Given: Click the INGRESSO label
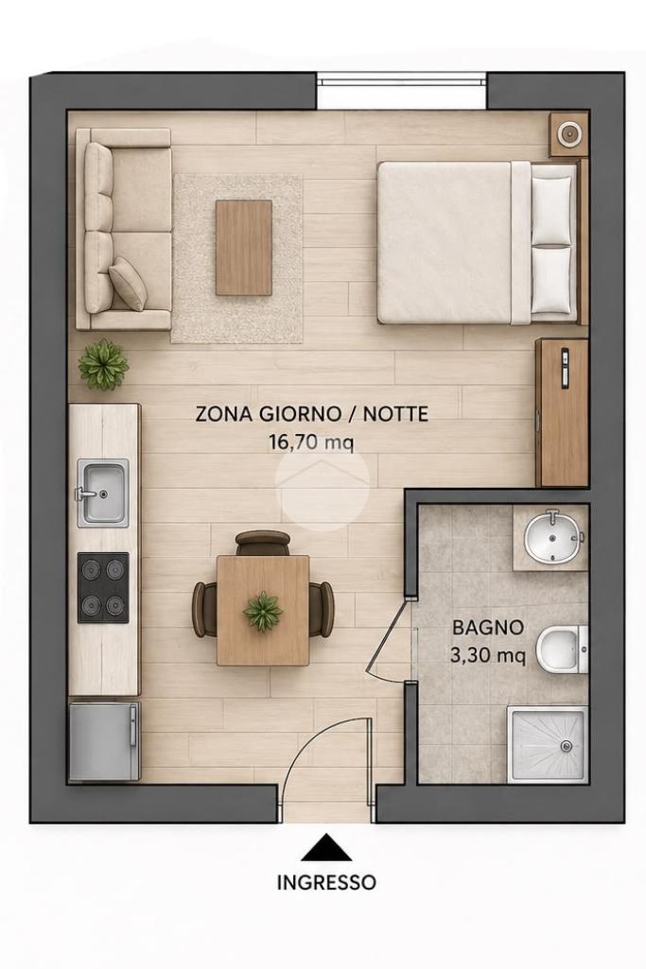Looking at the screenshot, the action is (325, 882).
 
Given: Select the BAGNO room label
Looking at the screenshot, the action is (488, 628).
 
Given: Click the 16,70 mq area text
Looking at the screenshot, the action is (311, 441).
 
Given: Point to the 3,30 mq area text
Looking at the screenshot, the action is (488, 655).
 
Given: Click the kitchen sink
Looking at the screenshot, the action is (103, 493).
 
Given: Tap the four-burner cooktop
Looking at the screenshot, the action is (103, 587).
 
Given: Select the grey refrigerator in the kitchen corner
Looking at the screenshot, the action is (104, 741).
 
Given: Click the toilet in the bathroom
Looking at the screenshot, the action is (561, 650).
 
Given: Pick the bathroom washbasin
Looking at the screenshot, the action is (553, 537).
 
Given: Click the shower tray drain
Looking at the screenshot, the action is (565, 747).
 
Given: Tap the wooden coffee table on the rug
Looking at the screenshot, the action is (244, 247).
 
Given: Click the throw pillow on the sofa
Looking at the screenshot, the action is (129, 283).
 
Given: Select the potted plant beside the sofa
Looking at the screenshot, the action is (103, 365).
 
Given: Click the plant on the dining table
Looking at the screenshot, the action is (263, 612).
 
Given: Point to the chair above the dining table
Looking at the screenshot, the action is (263, 543).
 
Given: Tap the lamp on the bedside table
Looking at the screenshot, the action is (568, 132).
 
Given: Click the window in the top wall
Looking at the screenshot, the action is (402, 81).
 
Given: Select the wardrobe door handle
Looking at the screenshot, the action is (565, 369).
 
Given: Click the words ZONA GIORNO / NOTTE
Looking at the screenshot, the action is (311, 413).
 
